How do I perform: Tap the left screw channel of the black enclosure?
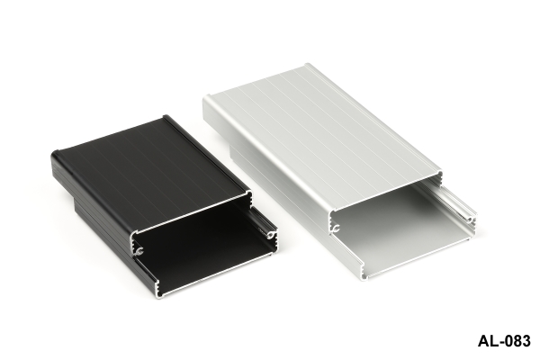coord(139,251)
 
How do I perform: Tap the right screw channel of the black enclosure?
coord(272,235)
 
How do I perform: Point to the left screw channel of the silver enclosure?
coord(336,228)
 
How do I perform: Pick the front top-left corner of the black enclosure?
coord(132,234)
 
